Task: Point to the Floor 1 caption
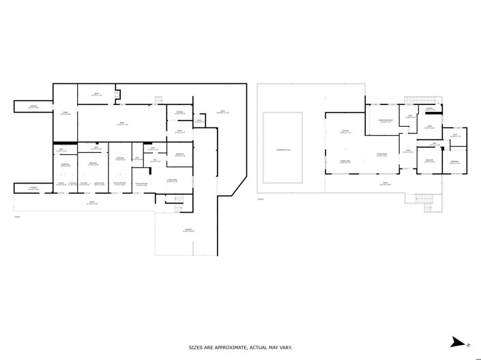17,217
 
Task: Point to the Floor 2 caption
260,200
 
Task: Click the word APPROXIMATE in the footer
228,347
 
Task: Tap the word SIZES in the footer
196,347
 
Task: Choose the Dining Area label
345,161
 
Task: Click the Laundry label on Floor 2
430,110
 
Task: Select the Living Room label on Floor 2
382,155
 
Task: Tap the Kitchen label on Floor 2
345,132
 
